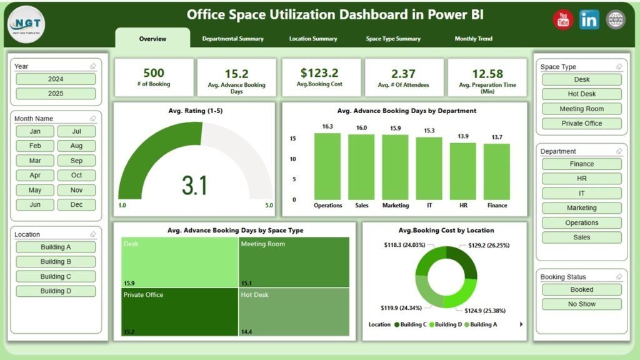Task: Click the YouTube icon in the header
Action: pos(562,20)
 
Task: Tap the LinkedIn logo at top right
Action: pos(589,20)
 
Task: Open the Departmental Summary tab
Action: pos(232,39)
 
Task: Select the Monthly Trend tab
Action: pos(473,39)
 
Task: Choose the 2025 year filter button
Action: pos(56,94)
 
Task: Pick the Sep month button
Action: pos(76,161)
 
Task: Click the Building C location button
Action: pos(56,276)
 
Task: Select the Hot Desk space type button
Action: pos(581,94)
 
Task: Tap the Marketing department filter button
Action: pos(581,208)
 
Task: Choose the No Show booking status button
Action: pos(581,304)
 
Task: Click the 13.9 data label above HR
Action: pos(463,136)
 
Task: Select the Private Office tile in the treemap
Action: pos(175,311)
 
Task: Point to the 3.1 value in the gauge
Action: pos(195,186)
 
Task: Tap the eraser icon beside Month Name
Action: pos(92,118)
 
